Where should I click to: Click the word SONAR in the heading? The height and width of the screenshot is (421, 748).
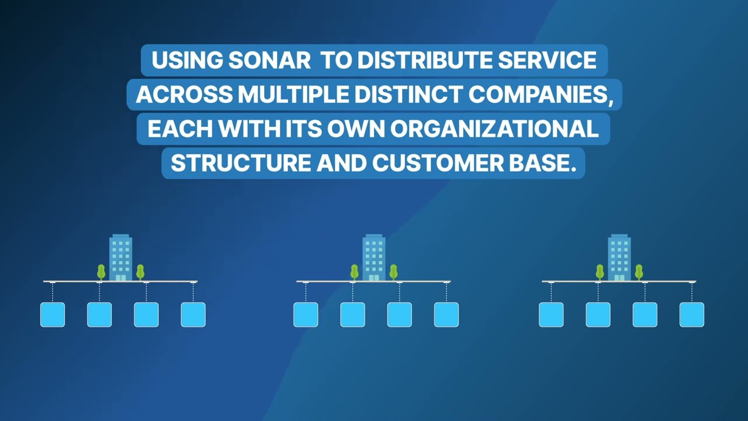269,61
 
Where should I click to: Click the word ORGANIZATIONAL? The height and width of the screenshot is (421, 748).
494,129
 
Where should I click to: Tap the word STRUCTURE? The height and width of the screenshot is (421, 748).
241,163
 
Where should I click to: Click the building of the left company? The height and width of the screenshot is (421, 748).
121,257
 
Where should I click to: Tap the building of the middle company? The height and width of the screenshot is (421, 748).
374,257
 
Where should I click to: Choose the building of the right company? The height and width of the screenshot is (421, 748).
619,257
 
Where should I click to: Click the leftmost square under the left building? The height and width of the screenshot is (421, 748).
53,315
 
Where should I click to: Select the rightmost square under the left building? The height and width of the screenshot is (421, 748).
193,315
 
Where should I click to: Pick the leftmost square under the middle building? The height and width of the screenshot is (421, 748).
306,315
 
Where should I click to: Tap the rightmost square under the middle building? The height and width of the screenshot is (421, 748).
446,315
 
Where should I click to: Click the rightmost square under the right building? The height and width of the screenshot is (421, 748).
692,315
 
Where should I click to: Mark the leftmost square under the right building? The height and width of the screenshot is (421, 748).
551,315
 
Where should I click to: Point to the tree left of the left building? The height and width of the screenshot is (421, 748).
101,271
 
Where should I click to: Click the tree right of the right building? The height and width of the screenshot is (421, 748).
639,271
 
